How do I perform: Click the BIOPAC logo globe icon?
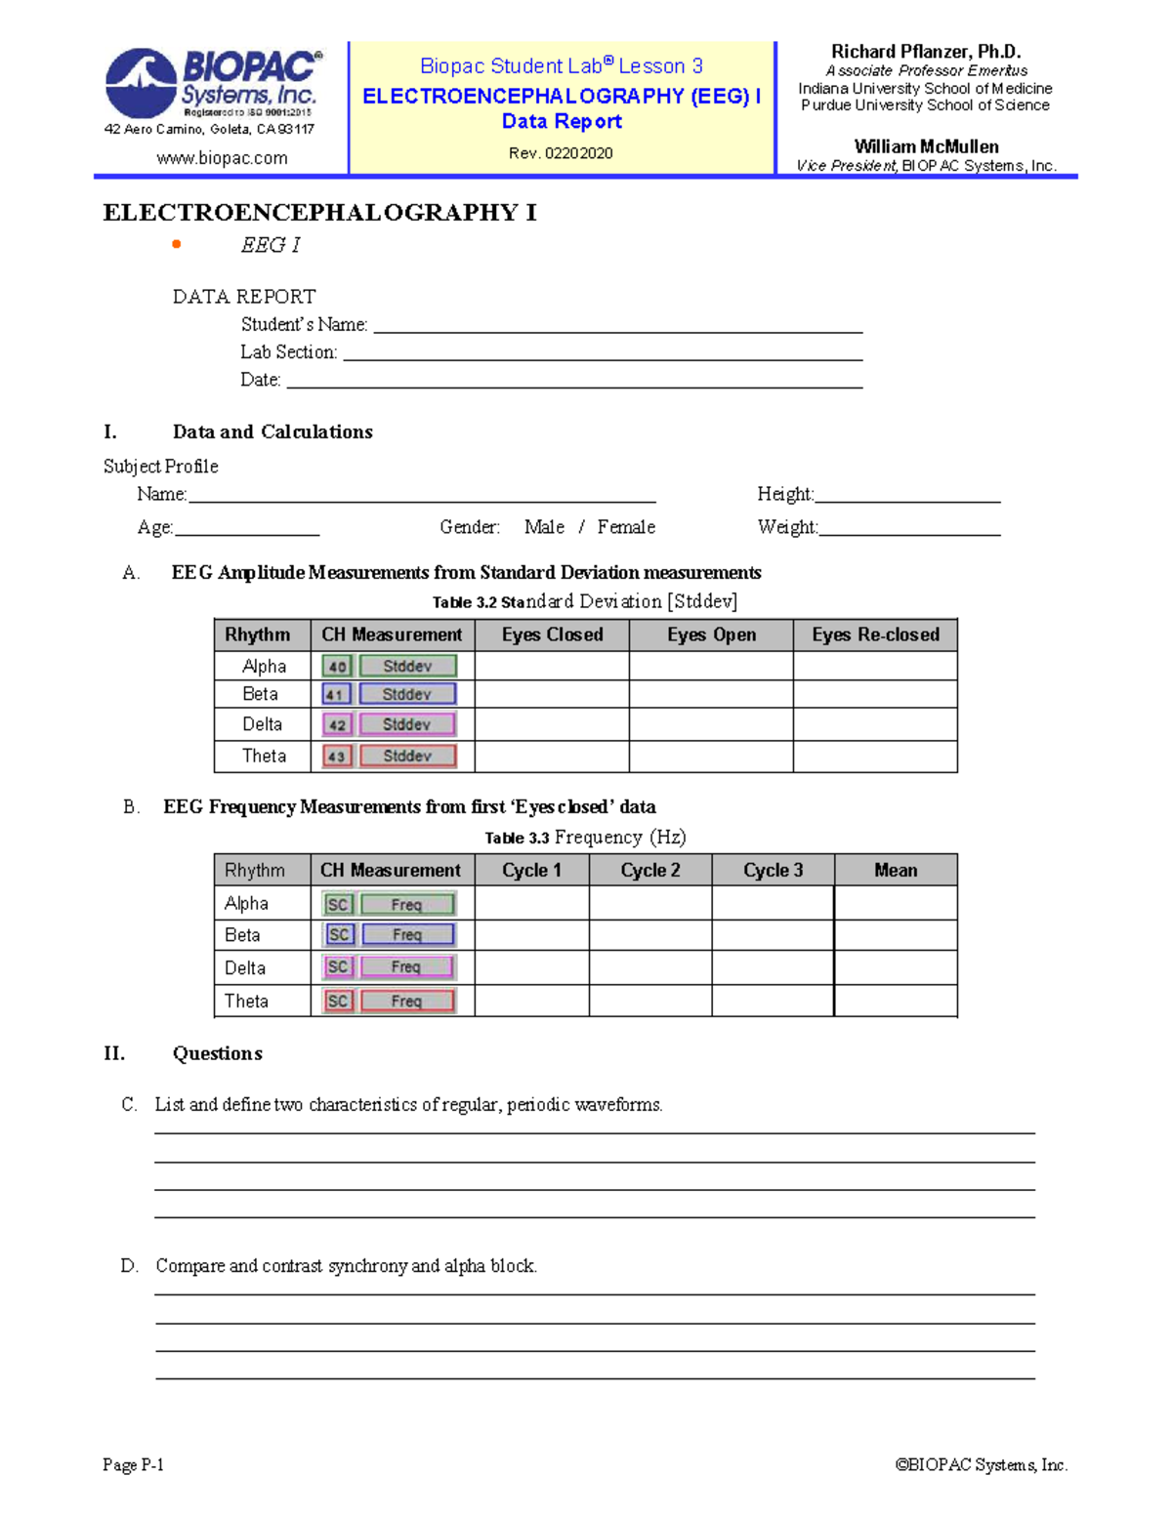coord(141,83)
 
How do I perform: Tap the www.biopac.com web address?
coord(222,158)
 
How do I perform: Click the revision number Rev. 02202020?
coord(561,153)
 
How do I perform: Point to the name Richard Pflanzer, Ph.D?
coord(925,52)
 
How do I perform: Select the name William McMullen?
coord(926,146)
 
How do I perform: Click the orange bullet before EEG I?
coord(177,244)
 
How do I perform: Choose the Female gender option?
coord(626,527)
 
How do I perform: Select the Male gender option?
coord(544,527)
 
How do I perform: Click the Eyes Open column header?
coord(711,635)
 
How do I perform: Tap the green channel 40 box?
coord(337,667)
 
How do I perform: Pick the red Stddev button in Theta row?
coord(407,757)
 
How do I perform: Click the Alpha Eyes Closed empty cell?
coord(552,666)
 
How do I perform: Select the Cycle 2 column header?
coord(650,870)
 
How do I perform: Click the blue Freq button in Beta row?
coord(407,935)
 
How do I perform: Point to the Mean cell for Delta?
coord(896,967)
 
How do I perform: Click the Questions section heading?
coord(217,1053)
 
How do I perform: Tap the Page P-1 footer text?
coord(133,1464)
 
